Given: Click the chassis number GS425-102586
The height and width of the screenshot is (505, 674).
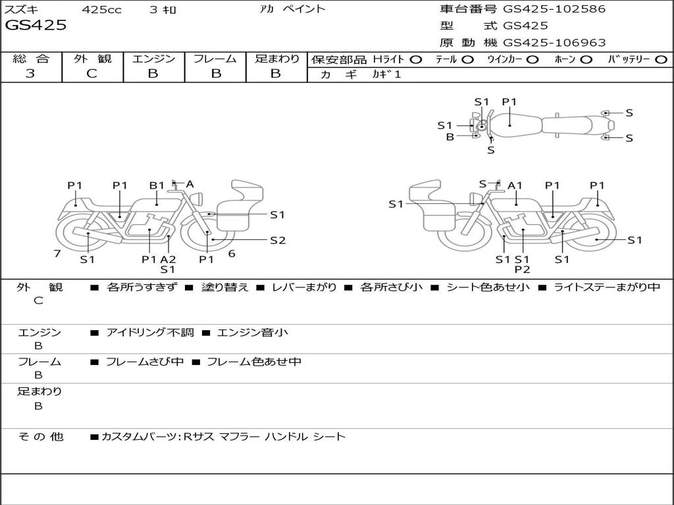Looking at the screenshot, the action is tap(554, 9).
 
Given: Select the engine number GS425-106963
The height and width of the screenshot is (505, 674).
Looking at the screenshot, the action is tap(554, 43).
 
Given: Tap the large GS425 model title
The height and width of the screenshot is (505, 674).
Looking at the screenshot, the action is tap(36, 26).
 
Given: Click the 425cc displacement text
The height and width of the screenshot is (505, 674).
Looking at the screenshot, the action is tap(101, 10).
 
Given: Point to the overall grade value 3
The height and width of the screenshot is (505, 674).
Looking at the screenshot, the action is tap(30, 74).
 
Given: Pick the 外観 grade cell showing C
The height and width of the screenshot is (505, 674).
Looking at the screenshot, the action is tap(91, 74).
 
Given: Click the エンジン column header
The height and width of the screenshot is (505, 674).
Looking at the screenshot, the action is tap(153, 59).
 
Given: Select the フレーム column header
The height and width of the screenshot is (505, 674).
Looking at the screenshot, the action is tap(215, 59).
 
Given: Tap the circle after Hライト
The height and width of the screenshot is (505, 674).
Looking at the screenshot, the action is tap(416, 59).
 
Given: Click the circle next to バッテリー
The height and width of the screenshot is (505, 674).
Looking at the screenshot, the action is tap(661, 59).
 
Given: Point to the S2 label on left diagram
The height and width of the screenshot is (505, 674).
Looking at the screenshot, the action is tap(278, 240).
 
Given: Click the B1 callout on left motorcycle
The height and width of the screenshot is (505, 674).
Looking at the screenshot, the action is tap(157, 185).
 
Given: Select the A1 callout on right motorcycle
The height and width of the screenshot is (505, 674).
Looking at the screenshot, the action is tap(515, 185).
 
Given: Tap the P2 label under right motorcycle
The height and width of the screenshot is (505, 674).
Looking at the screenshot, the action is tap(523, 269).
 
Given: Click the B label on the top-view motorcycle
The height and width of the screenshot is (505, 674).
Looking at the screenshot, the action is tap(450, 137).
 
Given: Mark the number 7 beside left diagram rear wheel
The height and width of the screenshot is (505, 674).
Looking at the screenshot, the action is tap(57, 253).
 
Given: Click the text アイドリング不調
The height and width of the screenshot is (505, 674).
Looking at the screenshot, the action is tap(150, 333).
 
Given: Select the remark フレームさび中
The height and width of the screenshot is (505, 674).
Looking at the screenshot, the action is tap(145, 362).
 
